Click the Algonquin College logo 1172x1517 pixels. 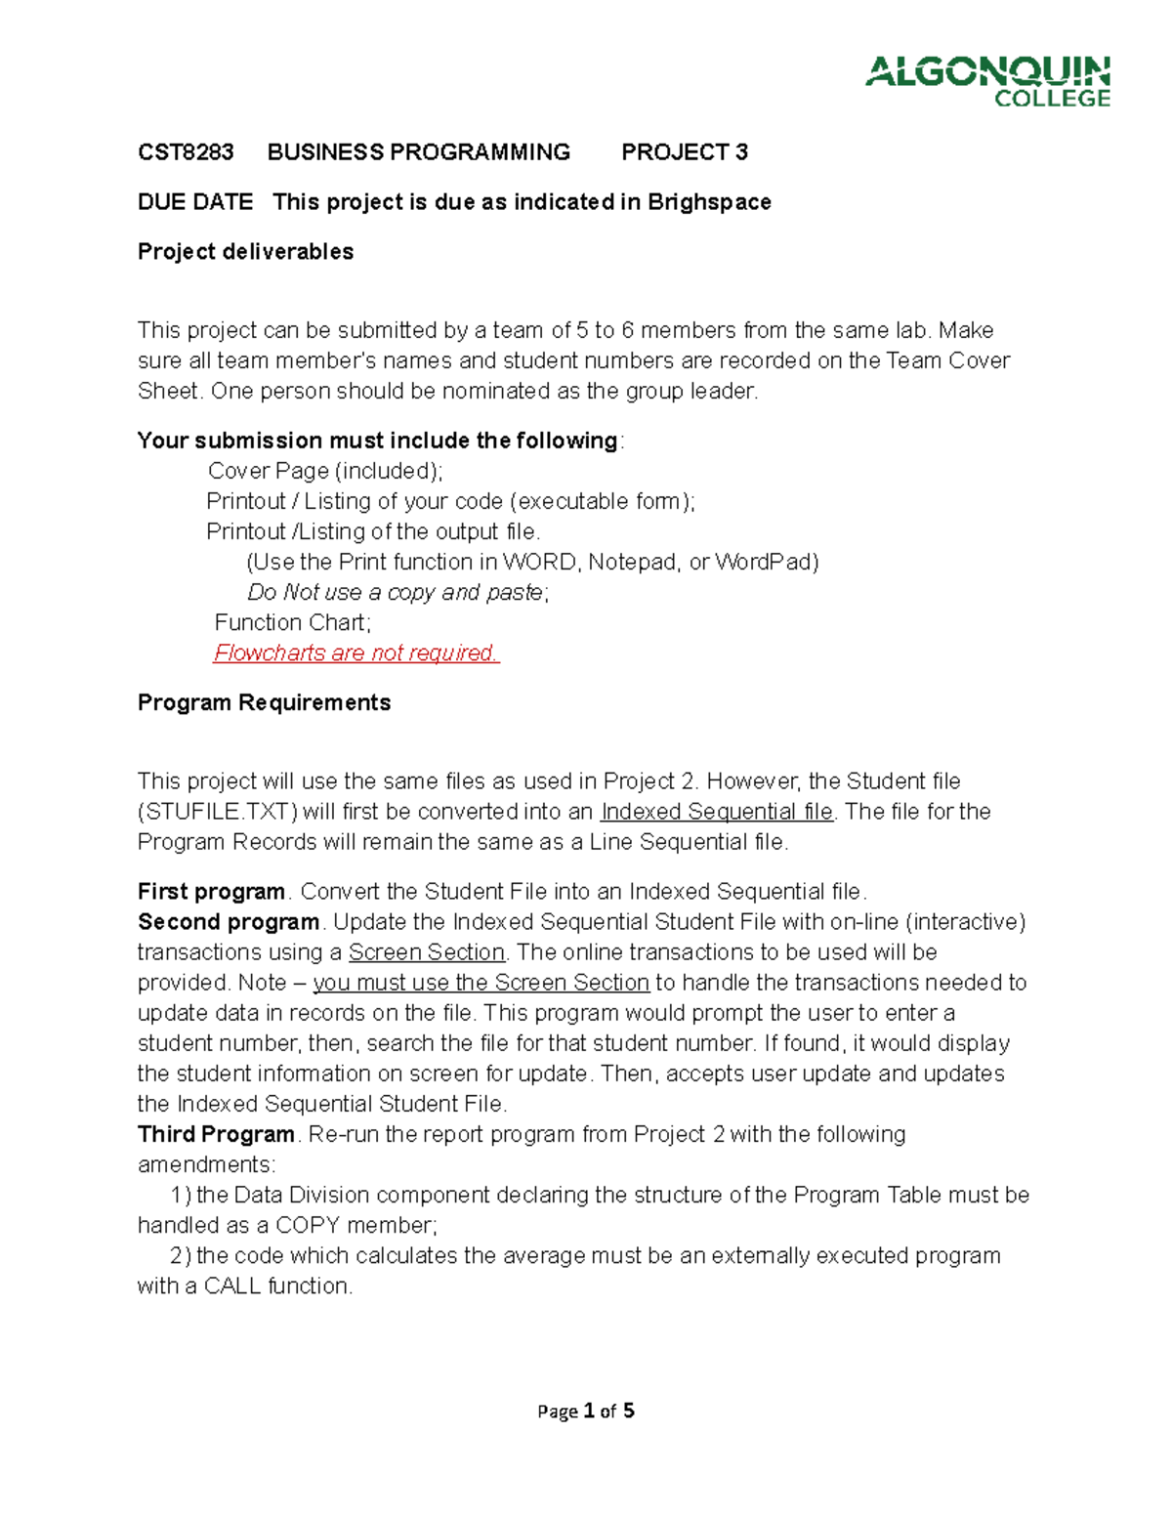tap(987, 81)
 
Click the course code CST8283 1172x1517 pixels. tap(186, 152)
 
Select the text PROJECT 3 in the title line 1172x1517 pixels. tap(685, 152)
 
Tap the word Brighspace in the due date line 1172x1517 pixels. tap(709, 202)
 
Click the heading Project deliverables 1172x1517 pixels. tap(245, 252)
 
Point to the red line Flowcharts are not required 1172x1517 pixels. tap(356, 653)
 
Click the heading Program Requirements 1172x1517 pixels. tap(264, 703)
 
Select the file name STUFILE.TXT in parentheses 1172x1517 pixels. tap(217, 812)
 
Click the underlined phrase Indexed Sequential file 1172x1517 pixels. tap(717, 812)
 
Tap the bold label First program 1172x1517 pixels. tap(211, 892)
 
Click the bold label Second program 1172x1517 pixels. tap(229, 922)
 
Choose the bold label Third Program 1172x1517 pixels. tap(216, 1134)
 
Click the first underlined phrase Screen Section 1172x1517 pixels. tap(427, 952)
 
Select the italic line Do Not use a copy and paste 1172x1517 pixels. tap(398, 593)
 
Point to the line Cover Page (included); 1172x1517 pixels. tap(325, 471)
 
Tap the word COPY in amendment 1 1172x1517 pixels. tap(308, 1225)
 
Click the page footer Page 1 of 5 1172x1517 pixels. tap(586, 1411)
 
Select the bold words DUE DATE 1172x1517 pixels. tap(195, 202)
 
